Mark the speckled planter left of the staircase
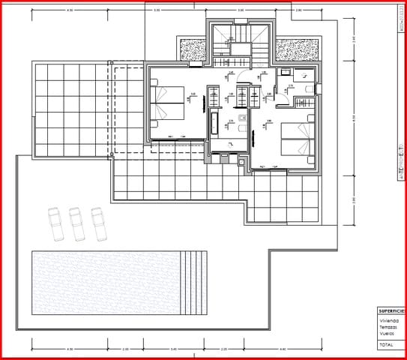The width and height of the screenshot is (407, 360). click(x=193, y=49)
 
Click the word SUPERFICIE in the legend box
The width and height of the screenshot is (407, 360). click(x=391, y=310)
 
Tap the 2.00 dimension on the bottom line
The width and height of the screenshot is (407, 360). click(x=126, y=349)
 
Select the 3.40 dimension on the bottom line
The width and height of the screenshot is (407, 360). click(x=174, y=349)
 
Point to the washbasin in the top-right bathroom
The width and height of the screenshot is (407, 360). click(x=303, y=74)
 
